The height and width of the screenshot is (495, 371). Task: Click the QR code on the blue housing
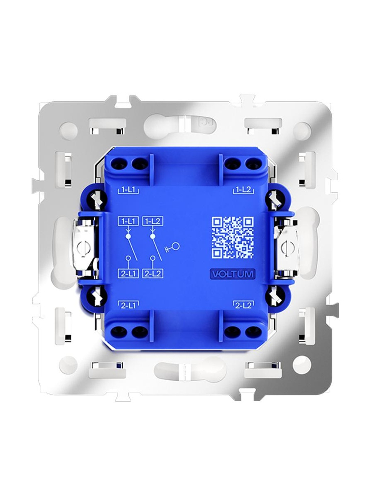(233, 237)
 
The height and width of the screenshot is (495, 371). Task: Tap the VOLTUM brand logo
(232, 274)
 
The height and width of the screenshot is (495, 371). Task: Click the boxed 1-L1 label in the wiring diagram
(128, 221)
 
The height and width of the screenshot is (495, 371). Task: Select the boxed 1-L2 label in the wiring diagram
(153, 221)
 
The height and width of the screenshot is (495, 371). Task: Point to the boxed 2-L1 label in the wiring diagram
(128, 274)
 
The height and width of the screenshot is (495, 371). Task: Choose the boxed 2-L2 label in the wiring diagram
(153, 274)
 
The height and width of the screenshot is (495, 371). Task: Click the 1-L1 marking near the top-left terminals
(128, 190)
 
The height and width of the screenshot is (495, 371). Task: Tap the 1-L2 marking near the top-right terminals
(243, 190)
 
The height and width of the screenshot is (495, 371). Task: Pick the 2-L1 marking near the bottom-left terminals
(128, 305)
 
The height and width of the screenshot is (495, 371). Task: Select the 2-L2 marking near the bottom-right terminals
(243, 305)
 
